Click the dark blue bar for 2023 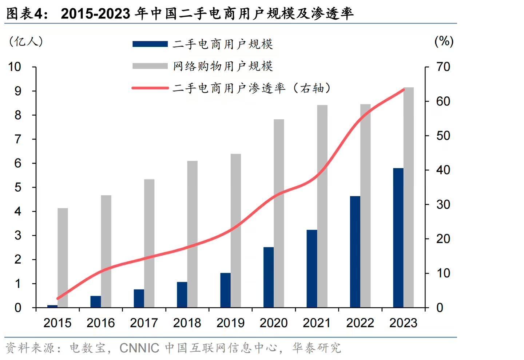(398, 238)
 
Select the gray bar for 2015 (63, 258)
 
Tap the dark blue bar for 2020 (269, 277)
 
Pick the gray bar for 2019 (236, 231)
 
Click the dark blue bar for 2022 (355, 252)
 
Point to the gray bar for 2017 (149, 243)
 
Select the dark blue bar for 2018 (182, 295)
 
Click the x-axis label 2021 (317, 323)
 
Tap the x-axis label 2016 (100, 323)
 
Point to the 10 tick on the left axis (15, 67)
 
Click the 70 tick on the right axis (443, 67)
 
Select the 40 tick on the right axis (443, 170)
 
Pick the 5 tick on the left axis (18, 187)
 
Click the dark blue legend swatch (150, 44)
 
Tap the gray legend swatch (150, 66)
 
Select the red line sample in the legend (150, 88)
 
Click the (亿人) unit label (25, 41)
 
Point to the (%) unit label (444, 41)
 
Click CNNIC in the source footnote (139, 348)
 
